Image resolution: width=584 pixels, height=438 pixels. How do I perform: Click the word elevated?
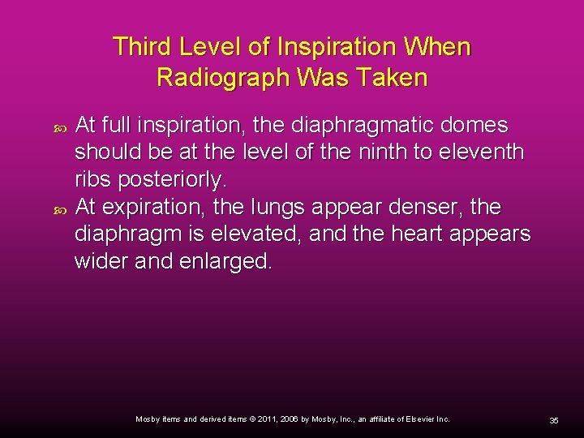(x=253, y=234)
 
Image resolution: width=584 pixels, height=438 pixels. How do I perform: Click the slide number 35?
(x=554, y=420)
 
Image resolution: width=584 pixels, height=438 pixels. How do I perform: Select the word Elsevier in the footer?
(x=414, y=419)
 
